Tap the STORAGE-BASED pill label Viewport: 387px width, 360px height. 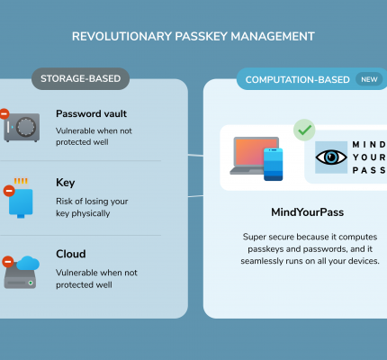coord(80,78)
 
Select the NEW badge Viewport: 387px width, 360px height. coord(369,79)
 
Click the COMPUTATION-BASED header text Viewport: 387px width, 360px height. coord(298,80)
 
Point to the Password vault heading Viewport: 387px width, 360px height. coord(91,113)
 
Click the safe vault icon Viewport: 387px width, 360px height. coord(22,127)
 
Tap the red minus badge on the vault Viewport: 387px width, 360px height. coord(4,113)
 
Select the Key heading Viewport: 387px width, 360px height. coord(66,183)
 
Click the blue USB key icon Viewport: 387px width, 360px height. coord(21,198)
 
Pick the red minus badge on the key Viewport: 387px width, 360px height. coord(9,191)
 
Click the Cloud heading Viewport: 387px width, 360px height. coord(71,254)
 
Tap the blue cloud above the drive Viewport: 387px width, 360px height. coord(28,263)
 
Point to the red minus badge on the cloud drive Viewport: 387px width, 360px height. coord(8,262)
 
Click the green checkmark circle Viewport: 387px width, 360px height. coord(304,130)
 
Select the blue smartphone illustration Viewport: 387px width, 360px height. coord(273,165)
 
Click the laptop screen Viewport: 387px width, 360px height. coord(255,152)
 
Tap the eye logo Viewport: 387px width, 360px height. coord(331,157)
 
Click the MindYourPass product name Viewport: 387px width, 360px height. coord(308,212)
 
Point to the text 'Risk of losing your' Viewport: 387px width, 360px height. coord(92,202)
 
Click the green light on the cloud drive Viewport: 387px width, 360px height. coord(31,283)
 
